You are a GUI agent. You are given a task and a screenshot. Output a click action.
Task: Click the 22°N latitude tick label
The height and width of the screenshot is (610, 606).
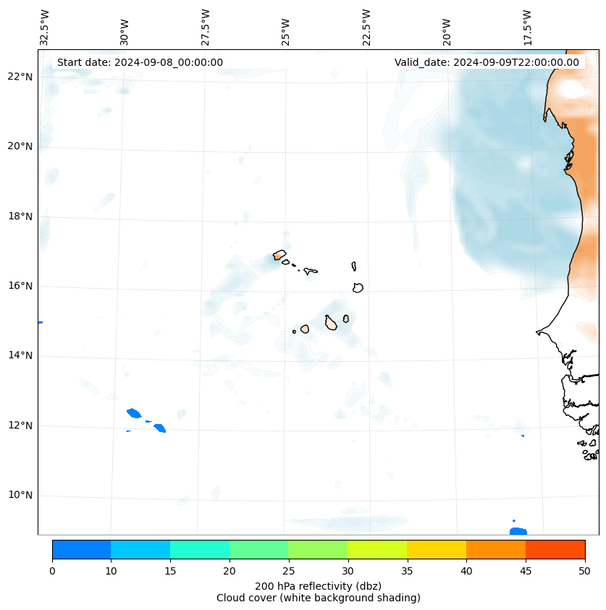coord(21,77)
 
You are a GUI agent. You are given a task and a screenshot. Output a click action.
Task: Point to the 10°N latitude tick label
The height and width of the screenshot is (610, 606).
coord(21,496)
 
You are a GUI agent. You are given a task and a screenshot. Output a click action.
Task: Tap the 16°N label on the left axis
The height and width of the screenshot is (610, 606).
coord(21,286)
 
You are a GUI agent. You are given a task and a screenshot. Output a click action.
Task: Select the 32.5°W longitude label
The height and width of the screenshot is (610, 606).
coord(45,27)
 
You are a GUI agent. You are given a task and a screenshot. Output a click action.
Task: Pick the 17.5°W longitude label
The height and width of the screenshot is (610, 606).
coord(527,27)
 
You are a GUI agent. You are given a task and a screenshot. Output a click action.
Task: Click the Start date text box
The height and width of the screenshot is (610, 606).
coord(140,62)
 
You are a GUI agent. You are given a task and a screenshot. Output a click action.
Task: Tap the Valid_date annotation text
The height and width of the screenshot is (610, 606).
coord(487,62)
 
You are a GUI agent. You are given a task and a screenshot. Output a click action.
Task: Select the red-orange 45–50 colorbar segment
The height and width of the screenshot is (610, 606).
coord(555,549)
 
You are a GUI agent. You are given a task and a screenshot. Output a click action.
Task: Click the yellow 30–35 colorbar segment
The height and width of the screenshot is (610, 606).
coord(377,549)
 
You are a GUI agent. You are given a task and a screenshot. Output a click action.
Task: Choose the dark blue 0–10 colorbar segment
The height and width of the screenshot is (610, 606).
coord(81,549)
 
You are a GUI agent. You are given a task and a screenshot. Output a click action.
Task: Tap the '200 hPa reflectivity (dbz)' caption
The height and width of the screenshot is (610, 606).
coord(318,585)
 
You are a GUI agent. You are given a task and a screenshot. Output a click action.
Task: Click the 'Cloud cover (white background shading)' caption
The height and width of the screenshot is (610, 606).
coord(318,598)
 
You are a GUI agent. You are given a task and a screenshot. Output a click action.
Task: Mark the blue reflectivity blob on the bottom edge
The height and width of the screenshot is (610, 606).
coord(518,531)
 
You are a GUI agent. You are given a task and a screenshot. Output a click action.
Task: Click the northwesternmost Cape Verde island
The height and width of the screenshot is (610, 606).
coord(279,255)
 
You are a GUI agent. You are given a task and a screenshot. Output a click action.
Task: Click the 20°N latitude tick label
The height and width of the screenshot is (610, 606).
coord(21,146)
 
